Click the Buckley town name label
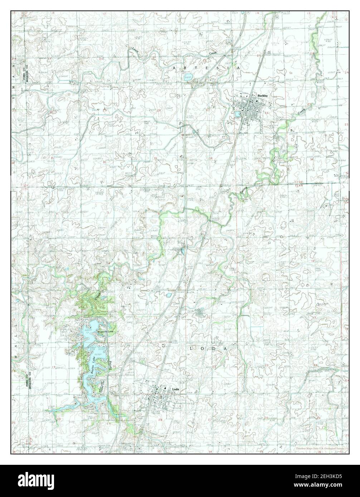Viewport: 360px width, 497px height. tap(262, 96)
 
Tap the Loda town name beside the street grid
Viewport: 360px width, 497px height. tap(175, 389)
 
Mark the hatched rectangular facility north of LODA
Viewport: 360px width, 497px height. tap(201, 313)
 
